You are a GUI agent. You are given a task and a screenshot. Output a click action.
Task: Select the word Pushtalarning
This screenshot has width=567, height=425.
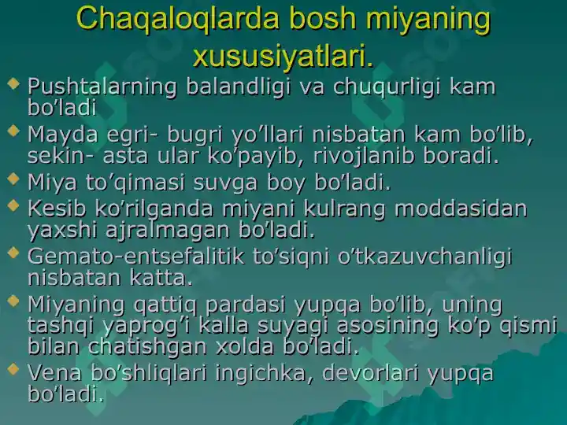point(102,87)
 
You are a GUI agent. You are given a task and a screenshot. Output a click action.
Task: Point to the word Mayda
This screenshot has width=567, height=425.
point(63,135)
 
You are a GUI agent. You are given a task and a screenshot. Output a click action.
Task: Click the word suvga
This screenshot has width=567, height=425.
point(226,182)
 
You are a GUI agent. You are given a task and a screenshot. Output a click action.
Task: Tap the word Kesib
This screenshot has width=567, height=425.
point(57,208)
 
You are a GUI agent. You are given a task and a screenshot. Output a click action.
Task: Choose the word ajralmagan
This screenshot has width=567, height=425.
point(168,231)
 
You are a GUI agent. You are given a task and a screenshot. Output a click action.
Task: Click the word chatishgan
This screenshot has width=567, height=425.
point(148,346)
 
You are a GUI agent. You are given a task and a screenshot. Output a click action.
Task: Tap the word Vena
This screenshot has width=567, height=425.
point(54,373)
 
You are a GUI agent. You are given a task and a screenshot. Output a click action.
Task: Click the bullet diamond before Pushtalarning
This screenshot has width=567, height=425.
point(13,83)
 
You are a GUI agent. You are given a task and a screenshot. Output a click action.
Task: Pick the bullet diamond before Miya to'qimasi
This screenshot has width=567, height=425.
point(13,179)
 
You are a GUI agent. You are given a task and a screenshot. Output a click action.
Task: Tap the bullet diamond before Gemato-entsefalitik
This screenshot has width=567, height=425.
point(13,253)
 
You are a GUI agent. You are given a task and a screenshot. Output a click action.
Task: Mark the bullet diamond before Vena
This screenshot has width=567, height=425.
point(13,369)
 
